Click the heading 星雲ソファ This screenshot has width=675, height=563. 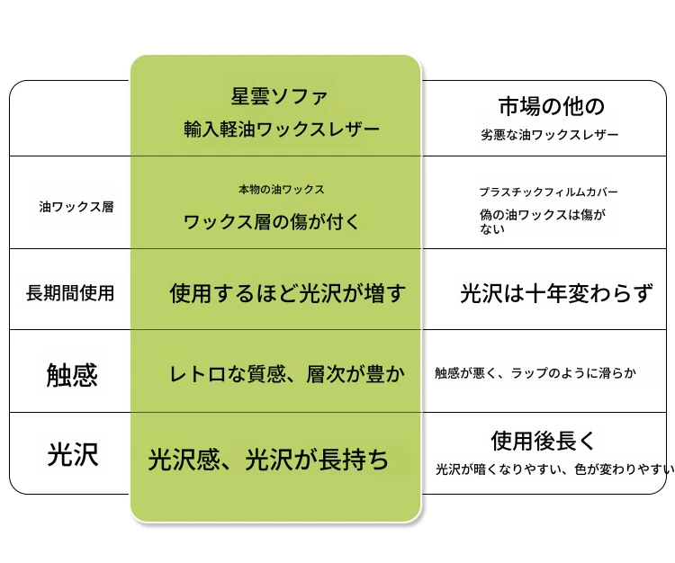click(279, 96)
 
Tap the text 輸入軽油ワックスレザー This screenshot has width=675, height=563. click(282, 129)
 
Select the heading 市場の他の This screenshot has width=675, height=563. click(552, 106)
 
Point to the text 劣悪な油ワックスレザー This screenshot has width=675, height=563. click(550, 135)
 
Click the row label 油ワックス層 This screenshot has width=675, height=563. click(76, 207)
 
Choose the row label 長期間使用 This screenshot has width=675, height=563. click(70, 293)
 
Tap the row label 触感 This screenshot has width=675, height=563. click(72, 375)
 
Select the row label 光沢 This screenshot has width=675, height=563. click(73, 454)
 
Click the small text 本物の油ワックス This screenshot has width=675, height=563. click(282, 189)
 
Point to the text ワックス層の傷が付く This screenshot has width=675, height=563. click(272, 222)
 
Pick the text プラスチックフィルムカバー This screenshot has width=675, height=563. click(549, 192)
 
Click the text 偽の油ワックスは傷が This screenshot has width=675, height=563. click(543, 214)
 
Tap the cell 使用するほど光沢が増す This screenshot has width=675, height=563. click(288, 293)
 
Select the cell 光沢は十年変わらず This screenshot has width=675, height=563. click(556, 293)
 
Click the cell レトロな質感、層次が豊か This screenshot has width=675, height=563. click(287, 374)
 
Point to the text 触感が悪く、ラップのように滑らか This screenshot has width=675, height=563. click(535, 372)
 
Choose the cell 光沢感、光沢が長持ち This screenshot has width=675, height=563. click(268, 460)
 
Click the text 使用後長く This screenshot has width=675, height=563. click(543, 441)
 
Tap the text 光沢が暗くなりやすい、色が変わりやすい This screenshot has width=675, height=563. click(555, 469)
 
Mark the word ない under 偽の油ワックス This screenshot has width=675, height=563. click(492, 228)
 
